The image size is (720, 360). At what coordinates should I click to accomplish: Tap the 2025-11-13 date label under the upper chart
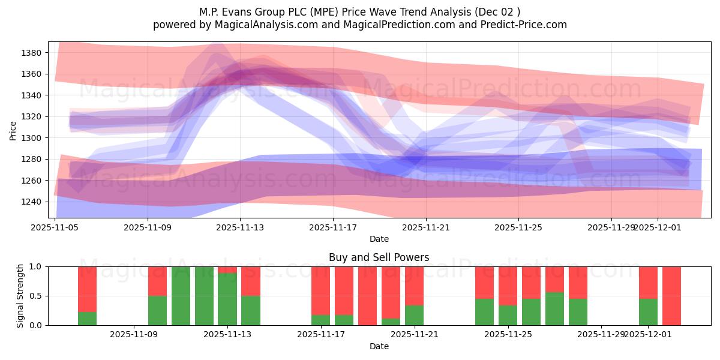[x=240, y=227]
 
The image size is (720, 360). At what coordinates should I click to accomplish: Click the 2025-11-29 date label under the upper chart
[x=611, y=227]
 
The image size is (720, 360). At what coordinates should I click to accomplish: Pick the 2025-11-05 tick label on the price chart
[x=55, y=227]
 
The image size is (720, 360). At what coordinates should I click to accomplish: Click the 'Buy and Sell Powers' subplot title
[x=379, y=257]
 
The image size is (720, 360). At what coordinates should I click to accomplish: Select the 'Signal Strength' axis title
[x=20, y=295]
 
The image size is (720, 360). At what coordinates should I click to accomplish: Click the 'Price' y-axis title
[x=13, y=130]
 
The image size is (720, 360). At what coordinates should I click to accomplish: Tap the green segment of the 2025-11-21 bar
[x=414, y=315]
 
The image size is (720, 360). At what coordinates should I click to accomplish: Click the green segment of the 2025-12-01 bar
[x=648, y=312]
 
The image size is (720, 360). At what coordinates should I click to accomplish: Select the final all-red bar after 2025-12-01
[x=671, y=296]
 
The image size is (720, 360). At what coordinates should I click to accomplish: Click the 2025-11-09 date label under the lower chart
[x=134, y=334]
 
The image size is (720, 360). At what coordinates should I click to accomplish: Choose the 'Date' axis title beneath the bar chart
[x=379, y=346]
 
